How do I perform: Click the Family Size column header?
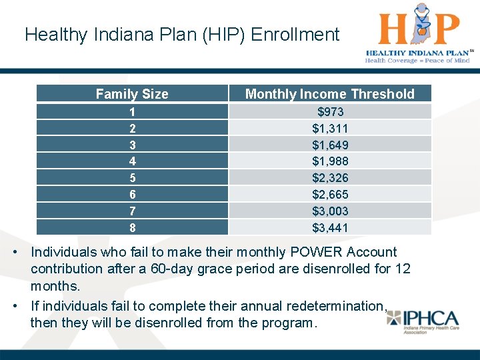point(132,94)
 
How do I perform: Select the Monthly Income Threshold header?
point(330,94)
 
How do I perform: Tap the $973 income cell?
point(330,111)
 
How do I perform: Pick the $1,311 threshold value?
point(330,128)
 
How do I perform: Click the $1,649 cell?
point(330,145)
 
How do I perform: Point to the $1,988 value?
point(330,161)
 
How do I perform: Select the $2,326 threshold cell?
point(330,177)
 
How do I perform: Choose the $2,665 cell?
point(330,194)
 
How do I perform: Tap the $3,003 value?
point(330,211)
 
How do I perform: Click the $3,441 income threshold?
point(330,227)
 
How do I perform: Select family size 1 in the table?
point(132,111)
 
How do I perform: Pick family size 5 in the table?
point(132,177)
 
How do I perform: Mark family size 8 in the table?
point(132,227)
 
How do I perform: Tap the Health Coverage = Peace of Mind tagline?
point(417,61)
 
